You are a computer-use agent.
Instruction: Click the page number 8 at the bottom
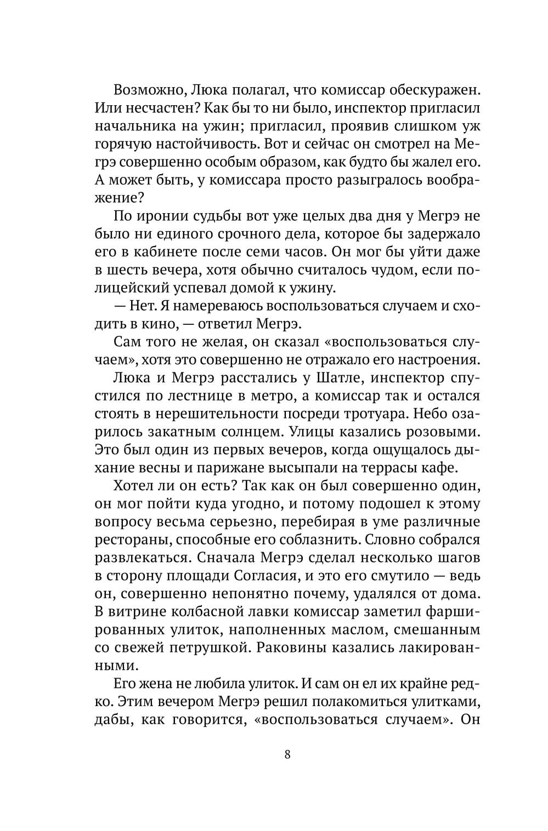pyautogui.click(x=287, y=754)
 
